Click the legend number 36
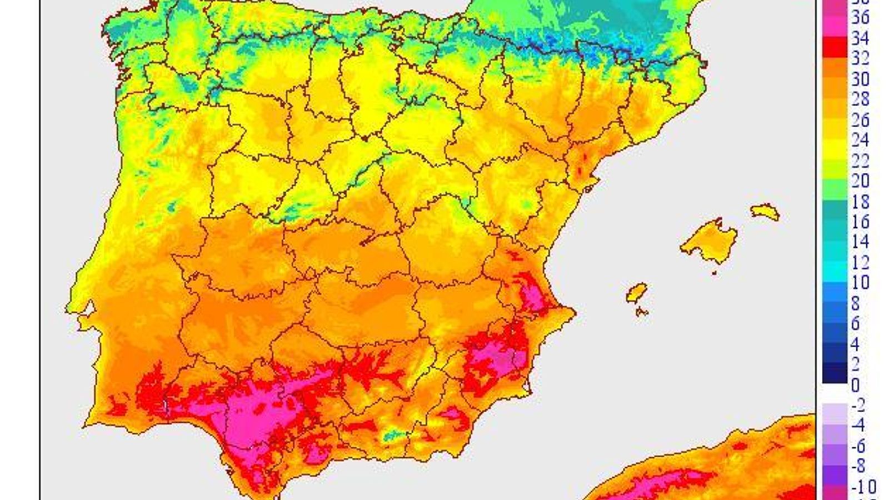pos(860,18)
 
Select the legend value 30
pos(860,79)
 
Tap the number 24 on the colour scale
pos(860,140)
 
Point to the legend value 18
pos(860,201)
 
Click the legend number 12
pos(860,262)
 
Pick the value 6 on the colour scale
pos(855,323)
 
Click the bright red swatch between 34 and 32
pos(835,48)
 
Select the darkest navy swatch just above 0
pos(835,374)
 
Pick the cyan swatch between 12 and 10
pos(835,272)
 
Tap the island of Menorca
pos(765,212)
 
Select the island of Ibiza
pos(637,292)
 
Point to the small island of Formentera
pos(642,312)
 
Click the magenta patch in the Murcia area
pos(495,356)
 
